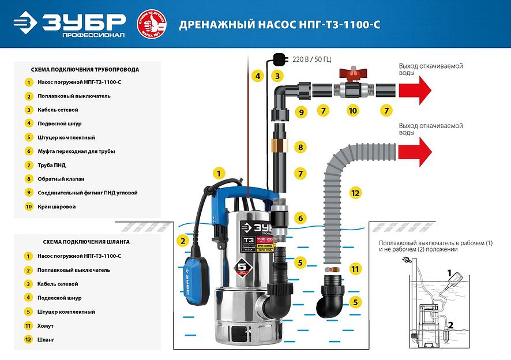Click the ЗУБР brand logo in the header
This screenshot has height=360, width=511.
point(69,24)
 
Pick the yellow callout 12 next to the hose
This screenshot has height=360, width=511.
point(355,192)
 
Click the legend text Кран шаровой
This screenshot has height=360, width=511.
point(57,207)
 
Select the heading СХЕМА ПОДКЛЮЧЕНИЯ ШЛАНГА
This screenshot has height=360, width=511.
point(86,242)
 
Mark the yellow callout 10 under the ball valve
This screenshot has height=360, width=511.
point(352,110)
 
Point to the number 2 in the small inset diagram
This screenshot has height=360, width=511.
point(450,325)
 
